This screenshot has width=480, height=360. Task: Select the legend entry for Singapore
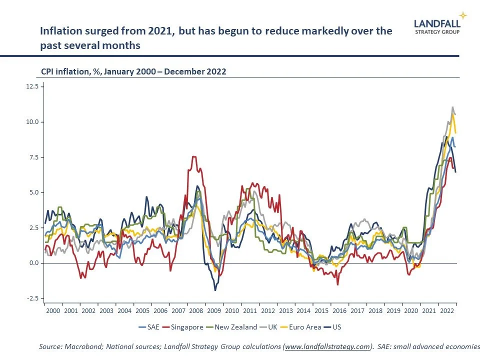[185, 327]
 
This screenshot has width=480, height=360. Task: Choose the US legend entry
[336, 327]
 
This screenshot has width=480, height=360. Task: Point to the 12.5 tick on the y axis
[32, 86]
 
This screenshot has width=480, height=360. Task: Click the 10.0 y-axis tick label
[32, 122]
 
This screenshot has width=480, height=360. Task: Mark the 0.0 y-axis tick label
[33, 263]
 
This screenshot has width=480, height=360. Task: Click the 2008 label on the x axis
[196, 310]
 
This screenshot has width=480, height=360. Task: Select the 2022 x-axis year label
[446, 310]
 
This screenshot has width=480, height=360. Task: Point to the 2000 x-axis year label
[53, 310]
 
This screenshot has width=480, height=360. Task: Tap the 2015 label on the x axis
[321, 310]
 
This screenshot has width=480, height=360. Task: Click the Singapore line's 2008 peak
[194, 156]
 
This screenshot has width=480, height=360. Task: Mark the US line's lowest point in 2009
[215, 290]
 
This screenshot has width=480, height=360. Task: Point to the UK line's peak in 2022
[452, 107]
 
